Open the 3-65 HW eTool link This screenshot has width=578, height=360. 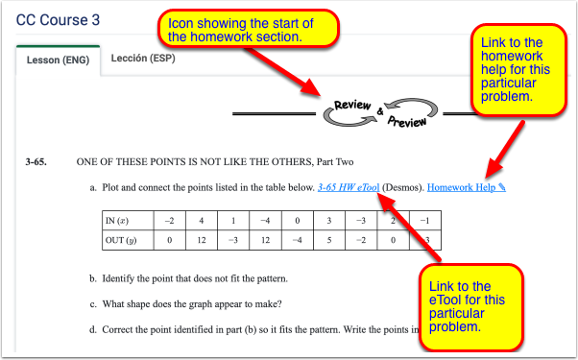tap(349, 186)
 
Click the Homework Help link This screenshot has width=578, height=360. tap(467, 186)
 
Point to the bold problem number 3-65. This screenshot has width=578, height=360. tap(37, 161)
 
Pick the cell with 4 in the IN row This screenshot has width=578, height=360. tap(203, 221)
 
